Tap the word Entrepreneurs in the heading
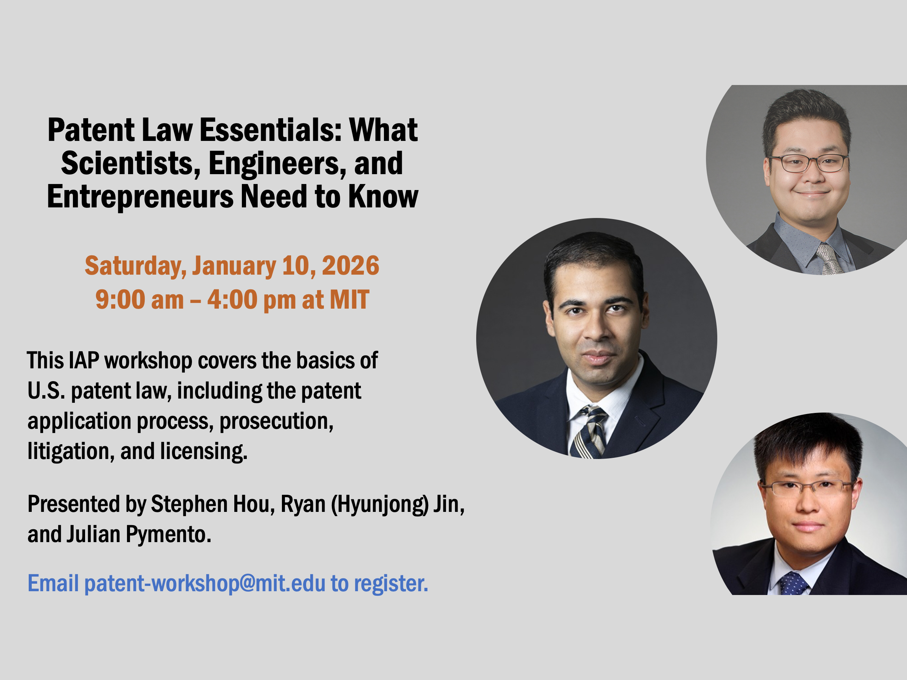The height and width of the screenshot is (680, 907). pyautogui.click(x=140, y=197)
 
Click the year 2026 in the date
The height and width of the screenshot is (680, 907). pyautogui.click(x=351, y=266)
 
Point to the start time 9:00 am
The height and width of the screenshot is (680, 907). pyautogui.click(x=139, y=300)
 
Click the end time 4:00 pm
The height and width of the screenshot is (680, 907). pyautogui.click(x=251, y=300)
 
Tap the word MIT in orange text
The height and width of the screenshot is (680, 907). pyautogui.click(x=349, y=300)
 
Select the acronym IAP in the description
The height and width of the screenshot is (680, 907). pyautogui.click(x=84, y=361)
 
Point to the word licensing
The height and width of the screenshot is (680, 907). pyautogui.click(x=204, y=452)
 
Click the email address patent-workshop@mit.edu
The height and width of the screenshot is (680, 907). pyautogui.click(x=205, y=584)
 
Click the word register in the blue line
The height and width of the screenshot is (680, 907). pyautogui.click(x=391, y=584)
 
